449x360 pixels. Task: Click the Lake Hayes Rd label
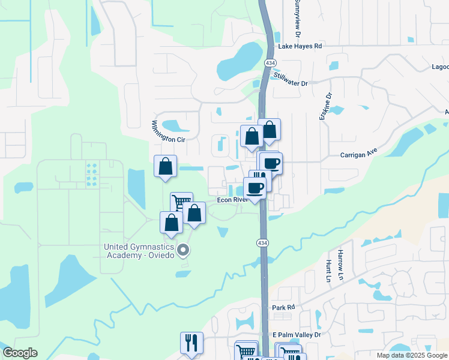300,46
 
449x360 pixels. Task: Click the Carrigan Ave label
358,154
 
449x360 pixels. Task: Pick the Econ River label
233,200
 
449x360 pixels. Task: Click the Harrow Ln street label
340,265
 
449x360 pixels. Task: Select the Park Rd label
284,307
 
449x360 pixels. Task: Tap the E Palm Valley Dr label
297,334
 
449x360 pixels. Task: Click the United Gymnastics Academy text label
139,250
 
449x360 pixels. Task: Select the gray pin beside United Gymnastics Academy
184,250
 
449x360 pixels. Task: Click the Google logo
20,353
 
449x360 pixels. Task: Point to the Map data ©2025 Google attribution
411,355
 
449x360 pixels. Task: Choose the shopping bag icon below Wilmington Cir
165,166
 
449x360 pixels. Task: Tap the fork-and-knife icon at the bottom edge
191,343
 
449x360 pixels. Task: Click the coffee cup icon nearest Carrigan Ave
271,163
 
